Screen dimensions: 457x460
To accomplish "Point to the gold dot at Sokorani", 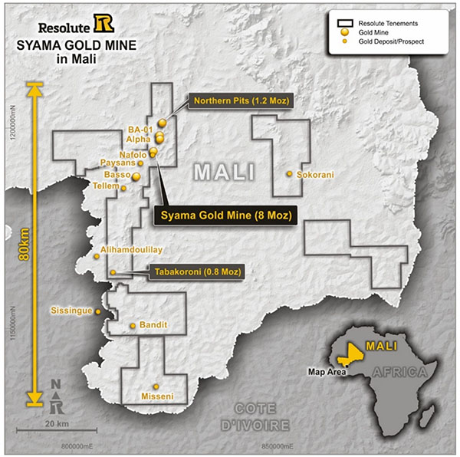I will pyautogui.click(x=290, y=174).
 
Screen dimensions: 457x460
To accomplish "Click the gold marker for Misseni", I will pyautogui.click(x=156, y=386).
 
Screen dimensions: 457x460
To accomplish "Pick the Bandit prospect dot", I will pyautogui.click(x=133, y=326).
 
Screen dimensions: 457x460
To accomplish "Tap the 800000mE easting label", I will pyautogui.click(x=82, y=445).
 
